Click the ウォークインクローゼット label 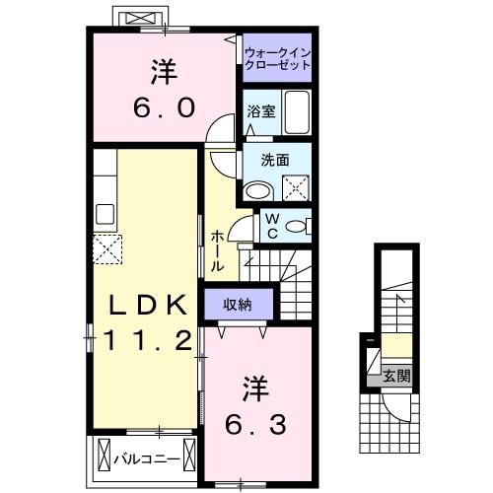277,58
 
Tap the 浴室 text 261,112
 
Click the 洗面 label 275,159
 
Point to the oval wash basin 258,189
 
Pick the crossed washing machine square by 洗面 293,185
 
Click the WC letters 269,227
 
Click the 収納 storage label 237,305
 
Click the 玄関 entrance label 396,376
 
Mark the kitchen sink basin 105,213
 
